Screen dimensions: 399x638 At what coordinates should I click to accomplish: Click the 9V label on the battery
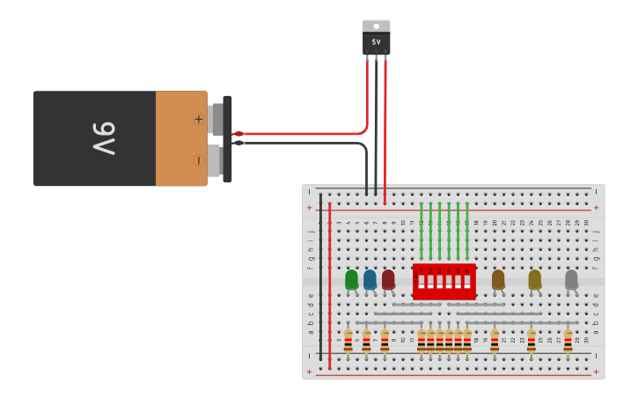(x=104, y=138)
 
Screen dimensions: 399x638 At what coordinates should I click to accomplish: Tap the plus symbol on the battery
(x=198, y=119)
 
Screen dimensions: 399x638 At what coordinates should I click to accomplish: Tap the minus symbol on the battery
(x=198, y=160)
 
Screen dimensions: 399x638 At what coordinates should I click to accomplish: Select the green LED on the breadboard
(x=352, y=279)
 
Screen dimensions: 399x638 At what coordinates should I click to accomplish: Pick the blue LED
(x=370, y=279)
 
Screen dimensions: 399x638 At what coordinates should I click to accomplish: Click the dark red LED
(x=388, y=279)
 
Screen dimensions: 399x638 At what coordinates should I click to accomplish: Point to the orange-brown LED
(x=498, y=279)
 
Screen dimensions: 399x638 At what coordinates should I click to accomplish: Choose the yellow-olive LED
(x=534, y=279)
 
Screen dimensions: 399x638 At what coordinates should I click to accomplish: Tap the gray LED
(x=571, y=279)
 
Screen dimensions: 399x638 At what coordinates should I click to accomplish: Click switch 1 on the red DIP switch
(x=422, y=282)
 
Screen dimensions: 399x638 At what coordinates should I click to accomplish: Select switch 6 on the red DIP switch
(x=467, y=282)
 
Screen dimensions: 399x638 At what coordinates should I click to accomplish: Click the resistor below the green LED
(x=348, y=340)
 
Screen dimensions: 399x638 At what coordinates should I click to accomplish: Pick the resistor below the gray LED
(x=568, y=340)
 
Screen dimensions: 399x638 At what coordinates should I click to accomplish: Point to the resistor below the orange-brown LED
(x=495, y=340)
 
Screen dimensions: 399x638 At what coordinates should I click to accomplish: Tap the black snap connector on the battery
(x=227, y=139)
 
